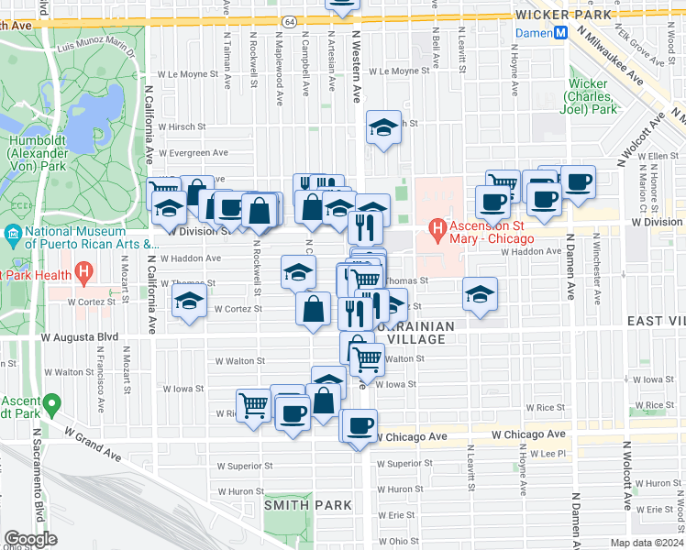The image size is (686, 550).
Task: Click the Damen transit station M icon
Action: pos(559,33)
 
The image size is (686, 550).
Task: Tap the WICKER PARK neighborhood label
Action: pos(558,16)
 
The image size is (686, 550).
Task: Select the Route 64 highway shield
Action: pos(290,21)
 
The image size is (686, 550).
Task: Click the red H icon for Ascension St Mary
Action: pos(438,228)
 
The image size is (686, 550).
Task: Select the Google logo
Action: pos(30,539)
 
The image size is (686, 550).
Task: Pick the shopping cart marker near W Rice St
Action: pos(254,404)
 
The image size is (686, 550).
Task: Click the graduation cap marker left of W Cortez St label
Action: pos(189,300)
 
